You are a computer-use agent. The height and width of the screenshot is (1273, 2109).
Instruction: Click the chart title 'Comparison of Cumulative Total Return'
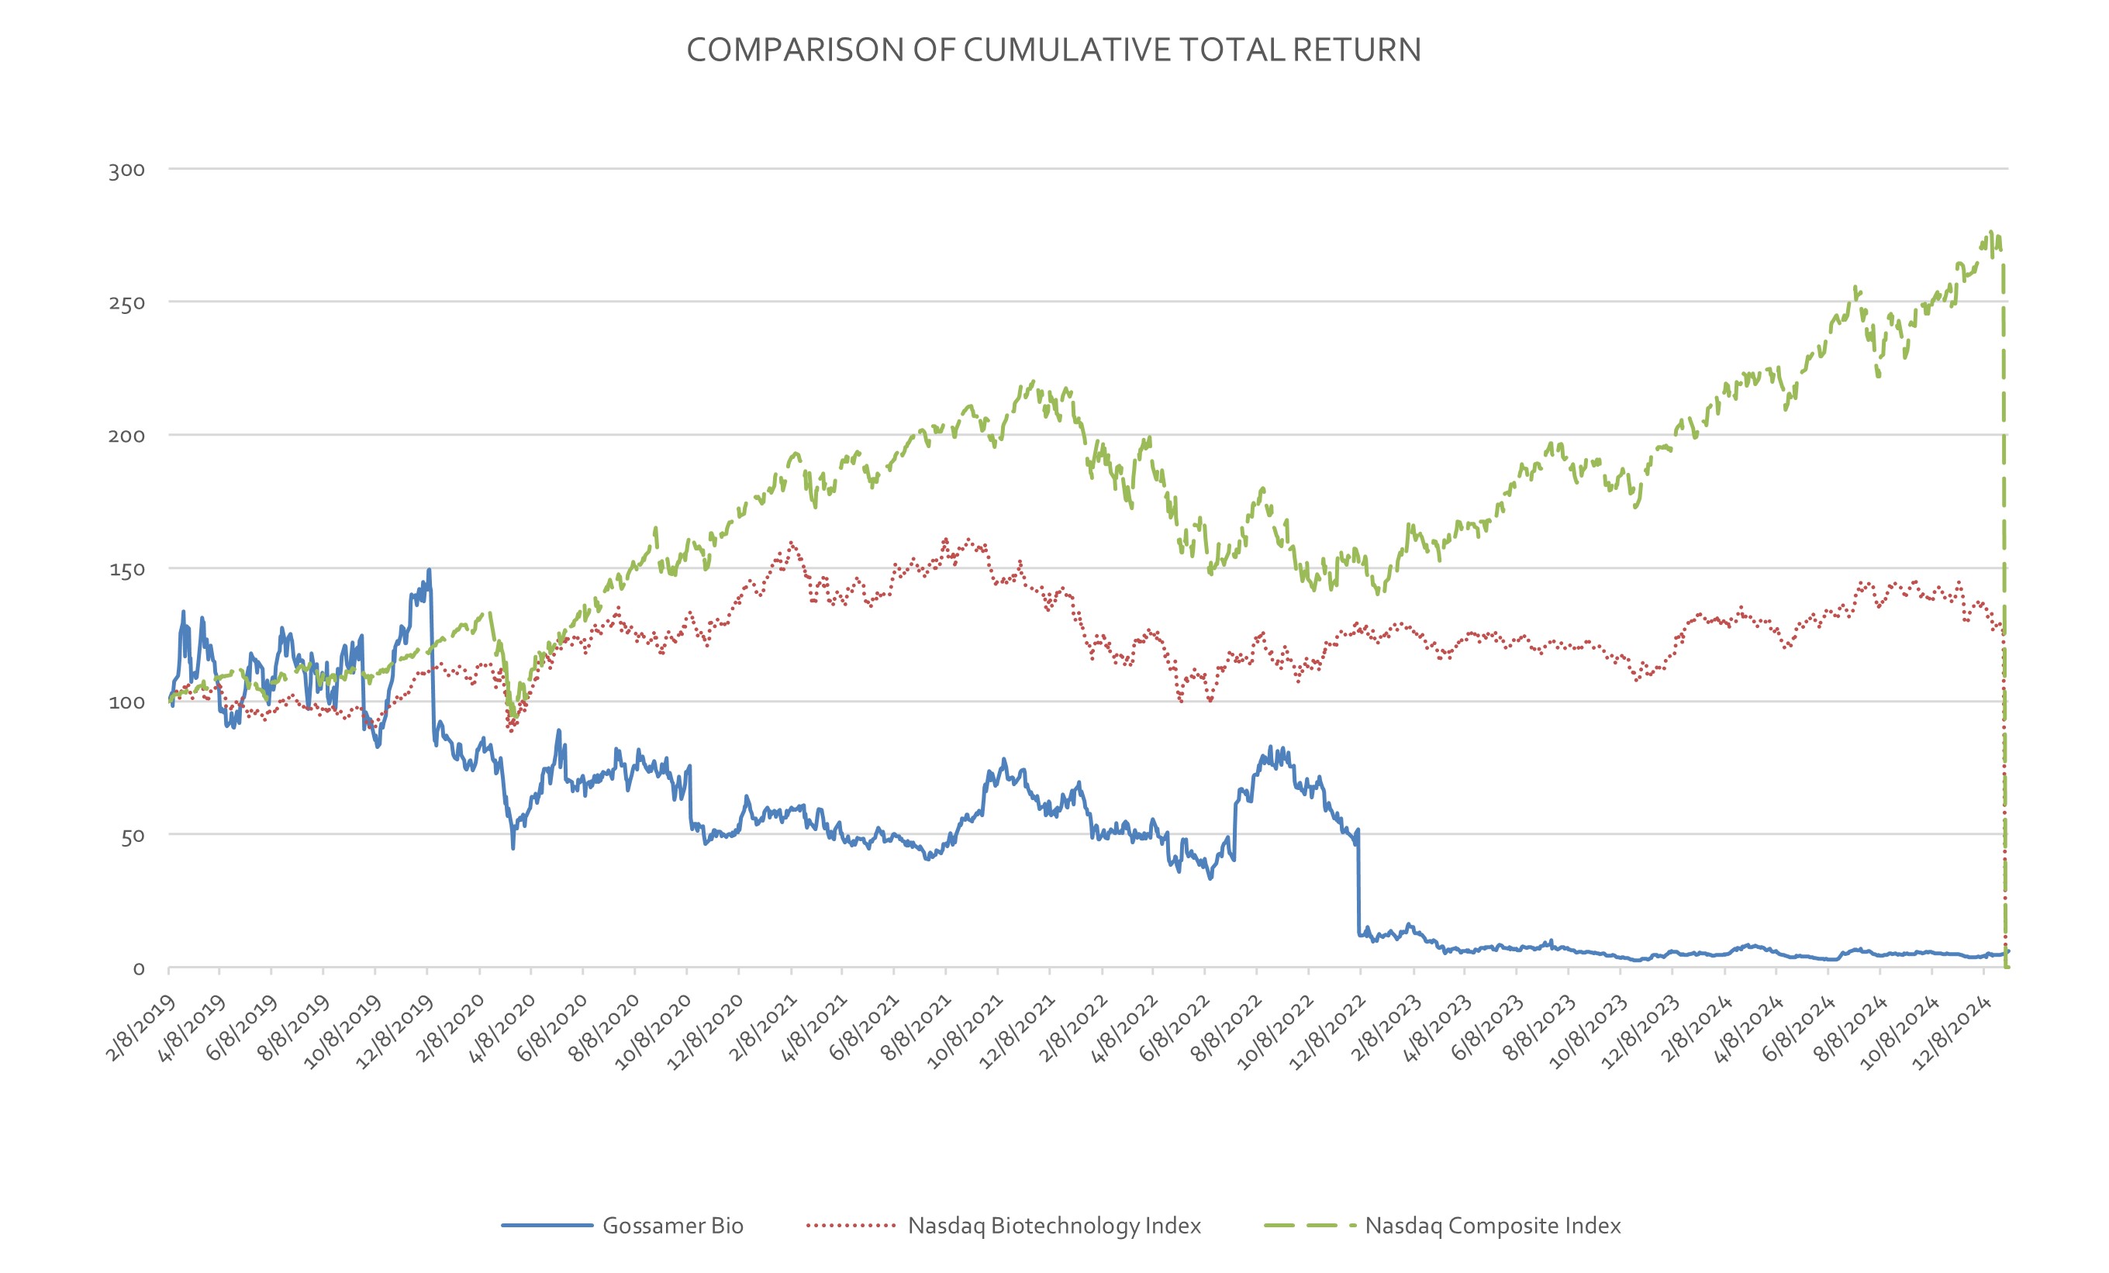(x=1054, y=50)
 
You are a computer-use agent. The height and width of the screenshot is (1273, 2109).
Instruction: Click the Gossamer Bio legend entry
(x=672, y=1225)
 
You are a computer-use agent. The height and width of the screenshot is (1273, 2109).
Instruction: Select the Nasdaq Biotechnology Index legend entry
(x=1054, y=1225)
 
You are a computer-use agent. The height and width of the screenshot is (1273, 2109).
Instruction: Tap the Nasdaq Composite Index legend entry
(x=1492, y=1225)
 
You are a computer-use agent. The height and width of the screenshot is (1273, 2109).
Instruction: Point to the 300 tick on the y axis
(x=126, y=170)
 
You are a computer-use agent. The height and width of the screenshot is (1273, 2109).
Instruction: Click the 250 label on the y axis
(x=126, y=303)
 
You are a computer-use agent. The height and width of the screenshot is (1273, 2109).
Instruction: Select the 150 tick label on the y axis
(x=126, y=569)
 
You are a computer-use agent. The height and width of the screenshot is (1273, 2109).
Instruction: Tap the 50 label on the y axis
(x=132, y=836)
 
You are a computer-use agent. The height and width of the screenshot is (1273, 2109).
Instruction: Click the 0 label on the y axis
(x=139, y=969)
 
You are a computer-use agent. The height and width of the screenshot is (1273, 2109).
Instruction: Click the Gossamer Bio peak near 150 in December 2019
(x=429, y=570)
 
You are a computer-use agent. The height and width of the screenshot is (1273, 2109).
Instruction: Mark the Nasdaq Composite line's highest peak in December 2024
(x=1991, y=231)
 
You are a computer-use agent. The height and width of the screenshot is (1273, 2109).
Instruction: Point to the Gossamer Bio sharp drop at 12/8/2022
(x=1358, y=881)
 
